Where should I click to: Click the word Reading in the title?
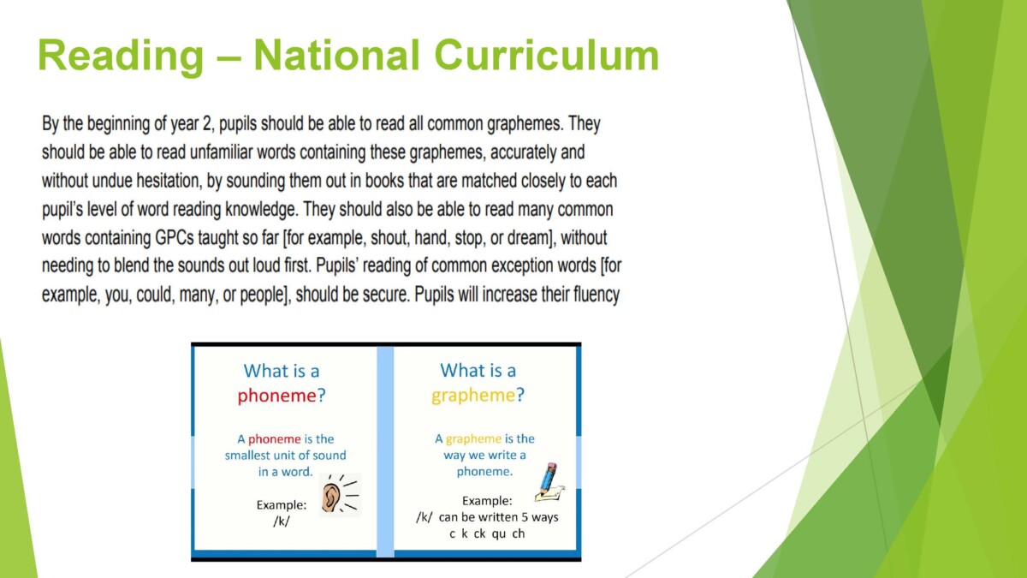[x=121, y=56]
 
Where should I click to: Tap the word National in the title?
[x=337, y=55]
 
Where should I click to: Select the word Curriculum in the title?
[x=547, y=55]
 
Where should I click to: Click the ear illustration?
[x=341, y=495]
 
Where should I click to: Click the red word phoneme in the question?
[x=277, y=395]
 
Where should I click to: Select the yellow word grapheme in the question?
[x=473, y=396]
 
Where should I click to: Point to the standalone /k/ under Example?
[x=282, y=521]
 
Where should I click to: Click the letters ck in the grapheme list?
[x=479, y=534]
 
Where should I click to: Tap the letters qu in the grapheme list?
[x=499, y=534]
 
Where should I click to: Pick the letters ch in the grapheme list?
[x=519, y=534]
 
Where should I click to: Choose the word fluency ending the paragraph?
[x=597, y=295]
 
